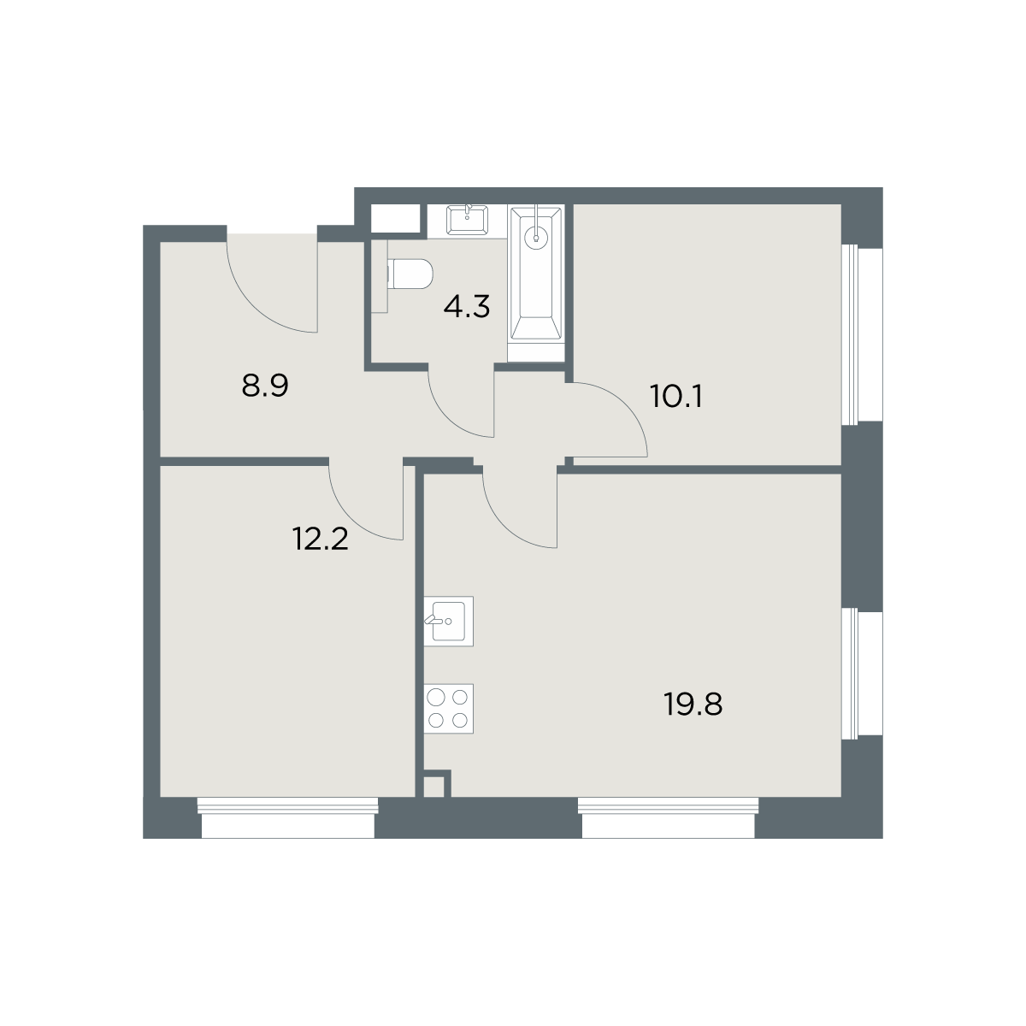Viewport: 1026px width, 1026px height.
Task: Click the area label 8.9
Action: click(264, 386)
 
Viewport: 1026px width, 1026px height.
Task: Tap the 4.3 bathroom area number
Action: click(467, 308)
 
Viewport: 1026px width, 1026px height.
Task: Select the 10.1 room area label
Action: click(675, 397)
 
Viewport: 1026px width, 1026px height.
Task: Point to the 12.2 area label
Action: click(320, 539)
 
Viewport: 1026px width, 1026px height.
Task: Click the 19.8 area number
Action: click(693, 705)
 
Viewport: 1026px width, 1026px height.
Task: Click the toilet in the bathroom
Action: click(410, 274)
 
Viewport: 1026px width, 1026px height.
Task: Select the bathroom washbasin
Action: click(467, 221)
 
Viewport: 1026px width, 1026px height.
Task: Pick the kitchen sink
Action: click(448, 622)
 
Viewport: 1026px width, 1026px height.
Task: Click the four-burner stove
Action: click(448, 709)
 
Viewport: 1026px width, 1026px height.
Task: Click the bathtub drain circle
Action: click(535, 238)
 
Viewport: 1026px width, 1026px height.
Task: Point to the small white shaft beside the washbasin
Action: click(395, 218)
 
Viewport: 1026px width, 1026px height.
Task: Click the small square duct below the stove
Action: click(433, 787)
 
